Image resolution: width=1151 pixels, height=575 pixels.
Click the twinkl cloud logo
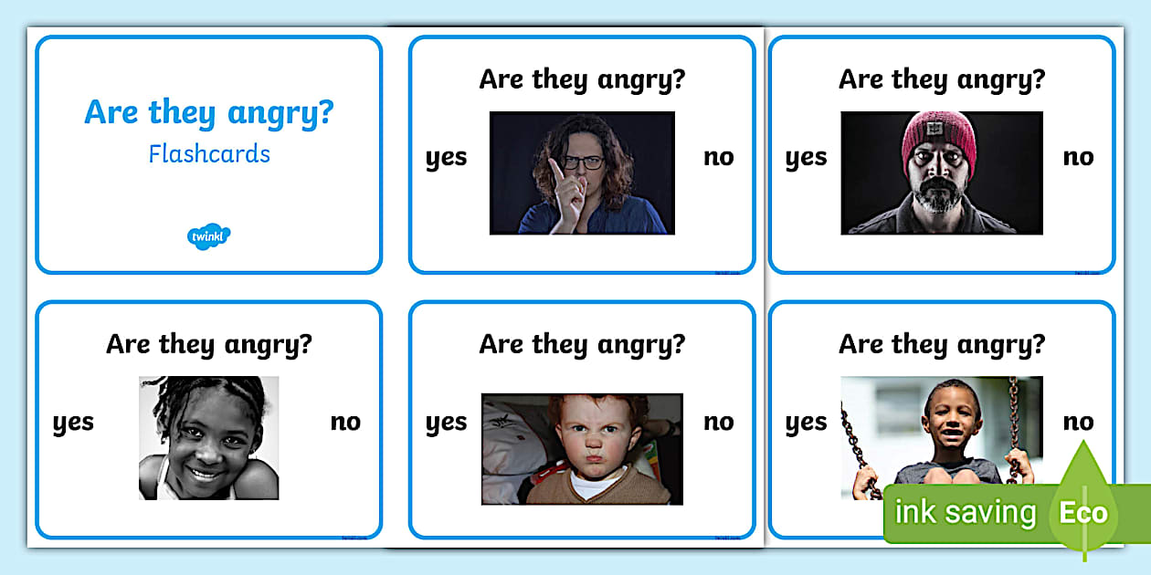click(209, 236)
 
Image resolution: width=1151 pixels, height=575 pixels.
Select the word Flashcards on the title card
click(209, 153)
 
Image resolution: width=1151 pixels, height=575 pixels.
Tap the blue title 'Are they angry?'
click(209, 112)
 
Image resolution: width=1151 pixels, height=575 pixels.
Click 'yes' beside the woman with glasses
click(446, 158)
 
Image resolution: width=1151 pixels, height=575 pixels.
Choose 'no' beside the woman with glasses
click(719, 157)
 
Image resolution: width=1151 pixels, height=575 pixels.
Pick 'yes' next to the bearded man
click(806, 158)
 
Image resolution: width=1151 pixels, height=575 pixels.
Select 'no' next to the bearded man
click(1078, 157)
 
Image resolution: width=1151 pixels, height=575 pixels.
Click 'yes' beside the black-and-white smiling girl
click(73, 423)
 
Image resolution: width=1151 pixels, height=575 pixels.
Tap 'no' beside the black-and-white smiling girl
click(345, 422)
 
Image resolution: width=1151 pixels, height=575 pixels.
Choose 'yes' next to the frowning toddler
click(446, 423)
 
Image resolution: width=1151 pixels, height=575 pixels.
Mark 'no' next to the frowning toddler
click(719, 422)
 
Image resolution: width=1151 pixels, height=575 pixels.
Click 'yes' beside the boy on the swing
click(806, 423)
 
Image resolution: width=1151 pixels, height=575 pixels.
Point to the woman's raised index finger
click(554, 170)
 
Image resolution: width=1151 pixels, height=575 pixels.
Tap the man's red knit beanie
click(939, 137)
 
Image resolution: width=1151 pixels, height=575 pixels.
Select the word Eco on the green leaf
click(1083, 512)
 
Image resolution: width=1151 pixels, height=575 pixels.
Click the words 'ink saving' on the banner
click(965, 512)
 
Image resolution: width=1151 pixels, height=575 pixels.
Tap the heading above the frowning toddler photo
click(582, 344)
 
